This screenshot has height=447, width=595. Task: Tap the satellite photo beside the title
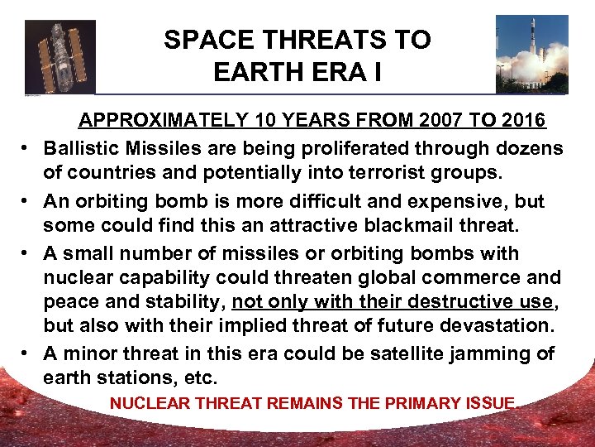click(60, 56)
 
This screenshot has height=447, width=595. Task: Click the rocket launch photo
click(532, 54)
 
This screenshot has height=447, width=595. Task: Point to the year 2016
click(521, 121)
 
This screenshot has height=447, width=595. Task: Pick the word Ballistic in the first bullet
click(79, 148)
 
